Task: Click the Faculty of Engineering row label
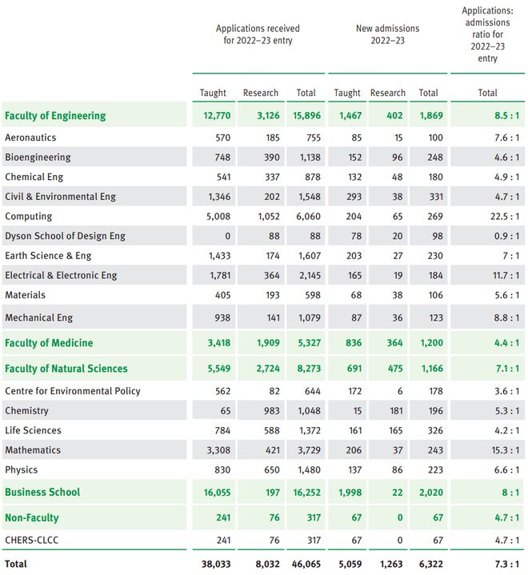[55, 115]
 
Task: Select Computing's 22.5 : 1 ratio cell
[505, 217]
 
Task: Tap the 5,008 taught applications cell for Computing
[218, 217]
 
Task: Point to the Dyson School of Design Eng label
[65, 236]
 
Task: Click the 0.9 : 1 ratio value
[506, 236]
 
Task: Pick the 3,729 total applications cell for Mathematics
[309, 450]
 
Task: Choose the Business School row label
[42, 492]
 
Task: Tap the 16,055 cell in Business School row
[218, 492]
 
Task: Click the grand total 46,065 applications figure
[306, 564]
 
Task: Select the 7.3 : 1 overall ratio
[506, 564]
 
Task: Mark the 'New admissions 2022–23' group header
[387, 34]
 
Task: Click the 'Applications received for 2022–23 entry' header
[258, 34]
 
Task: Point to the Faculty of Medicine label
[49, 343]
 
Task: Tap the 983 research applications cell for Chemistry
[271, 411]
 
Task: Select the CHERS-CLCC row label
[31, 540]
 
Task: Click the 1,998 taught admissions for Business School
[350, 492]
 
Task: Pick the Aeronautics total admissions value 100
[435, 138]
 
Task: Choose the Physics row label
[22, 469]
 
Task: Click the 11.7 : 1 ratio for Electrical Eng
[506, 275]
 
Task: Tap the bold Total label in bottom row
[16, 564]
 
